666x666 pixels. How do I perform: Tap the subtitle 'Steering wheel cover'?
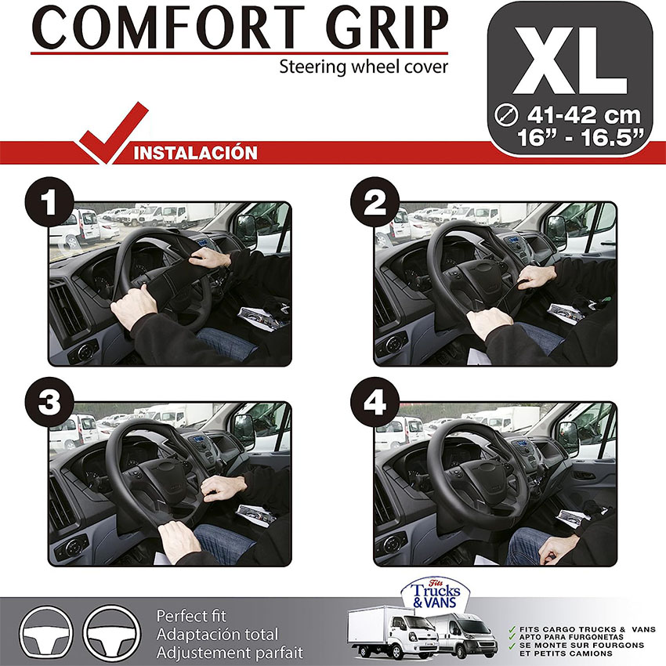point(364,67)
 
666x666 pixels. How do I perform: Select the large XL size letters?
point(570,60)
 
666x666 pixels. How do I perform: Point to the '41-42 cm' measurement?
point(584,115)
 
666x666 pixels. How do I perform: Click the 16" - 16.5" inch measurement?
point(580,137)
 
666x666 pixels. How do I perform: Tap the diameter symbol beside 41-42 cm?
point(507,115)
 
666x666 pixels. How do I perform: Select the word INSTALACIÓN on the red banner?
point(195,153)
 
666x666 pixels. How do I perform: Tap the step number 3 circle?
point(49,402)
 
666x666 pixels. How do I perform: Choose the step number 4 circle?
point(375,402)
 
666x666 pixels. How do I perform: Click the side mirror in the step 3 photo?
point(244,431)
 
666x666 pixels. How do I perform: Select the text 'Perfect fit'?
point(191,617)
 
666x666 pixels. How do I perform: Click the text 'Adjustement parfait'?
point(230,653)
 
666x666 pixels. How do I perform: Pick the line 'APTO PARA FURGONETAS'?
point(571,637)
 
